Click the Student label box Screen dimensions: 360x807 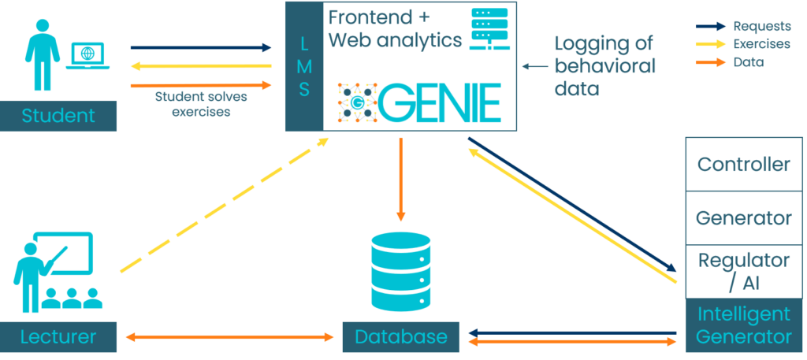59,116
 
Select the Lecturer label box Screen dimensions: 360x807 59,337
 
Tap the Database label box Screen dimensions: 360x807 401,337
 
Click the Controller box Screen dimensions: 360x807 744,164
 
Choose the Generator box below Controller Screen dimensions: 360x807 744,217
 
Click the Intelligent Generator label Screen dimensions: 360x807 744,325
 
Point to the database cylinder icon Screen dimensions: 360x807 401,272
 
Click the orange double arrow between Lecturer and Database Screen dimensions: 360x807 229,337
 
